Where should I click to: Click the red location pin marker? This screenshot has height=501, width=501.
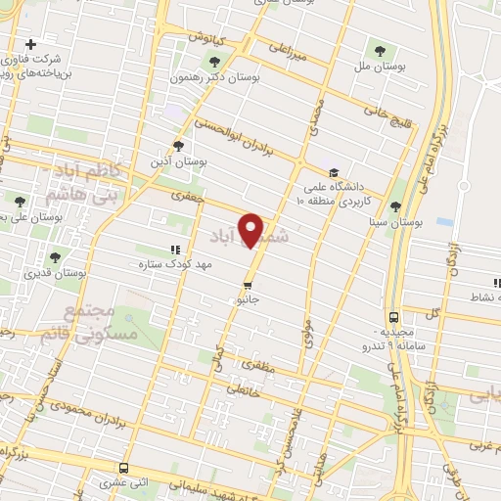coord(252,230)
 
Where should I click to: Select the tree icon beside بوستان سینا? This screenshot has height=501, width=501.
coord(395,206)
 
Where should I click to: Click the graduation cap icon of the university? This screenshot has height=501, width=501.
coord(335,170)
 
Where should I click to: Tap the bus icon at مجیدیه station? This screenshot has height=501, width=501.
coord(393,317)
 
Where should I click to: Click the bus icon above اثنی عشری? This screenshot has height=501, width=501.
coord(123,468)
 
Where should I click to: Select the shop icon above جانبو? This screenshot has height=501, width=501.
coord(247,285)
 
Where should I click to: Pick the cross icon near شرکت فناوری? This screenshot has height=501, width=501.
coord(31,44)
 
